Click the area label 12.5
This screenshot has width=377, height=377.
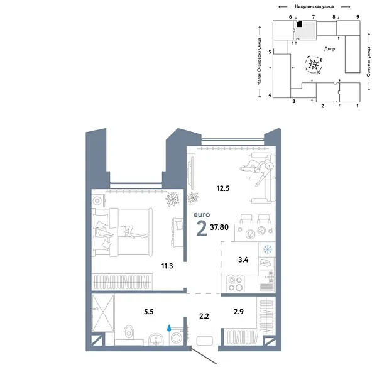click(219, 187)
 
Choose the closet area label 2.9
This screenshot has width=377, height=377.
click(239, 312)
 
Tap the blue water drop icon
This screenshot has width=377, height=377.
click(170, 327)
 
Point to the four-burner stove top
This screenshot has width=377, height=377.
click(236, 283)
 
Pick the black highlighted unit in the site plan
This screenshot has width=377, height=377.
click(300, 25)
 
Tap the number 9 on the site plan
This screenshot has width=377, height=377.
click(357, 16)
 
